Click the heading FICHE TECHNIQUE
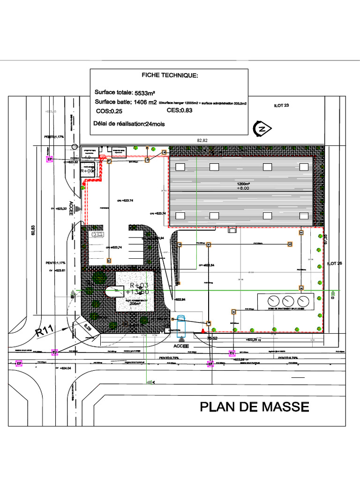170,75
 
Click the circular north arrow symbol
262,128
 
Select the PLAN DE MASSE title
255,406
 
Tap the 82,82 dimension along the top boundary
202,141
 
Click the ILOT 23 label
281,105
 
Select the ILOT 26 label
335,263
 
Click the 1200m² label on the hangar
243,184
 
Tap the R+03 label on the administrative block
139,285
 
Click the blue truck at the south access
181,327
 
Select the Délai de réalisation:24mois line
129,124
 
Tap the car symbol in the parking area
97,234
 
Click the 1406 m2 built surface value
146,102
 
